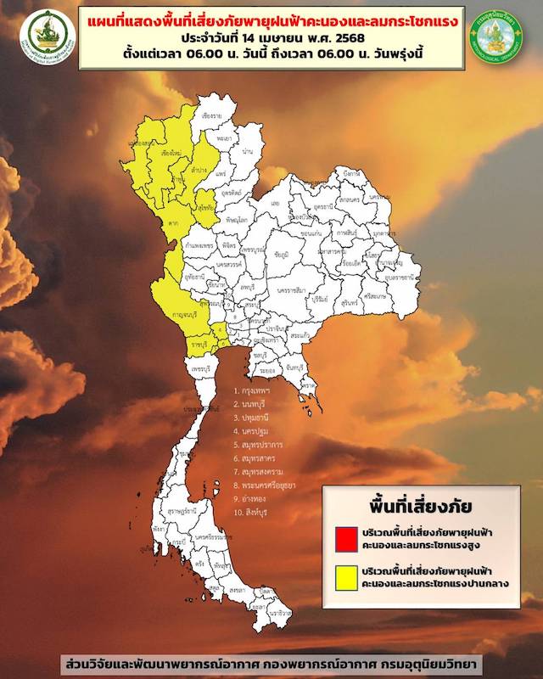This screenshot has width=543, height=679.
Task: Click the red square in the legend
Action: point(345,537)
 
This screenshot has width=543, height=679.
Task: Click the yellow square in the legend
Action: point(345,578)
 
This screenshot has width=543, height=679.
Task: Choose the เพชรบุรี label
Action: point(200,371)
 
